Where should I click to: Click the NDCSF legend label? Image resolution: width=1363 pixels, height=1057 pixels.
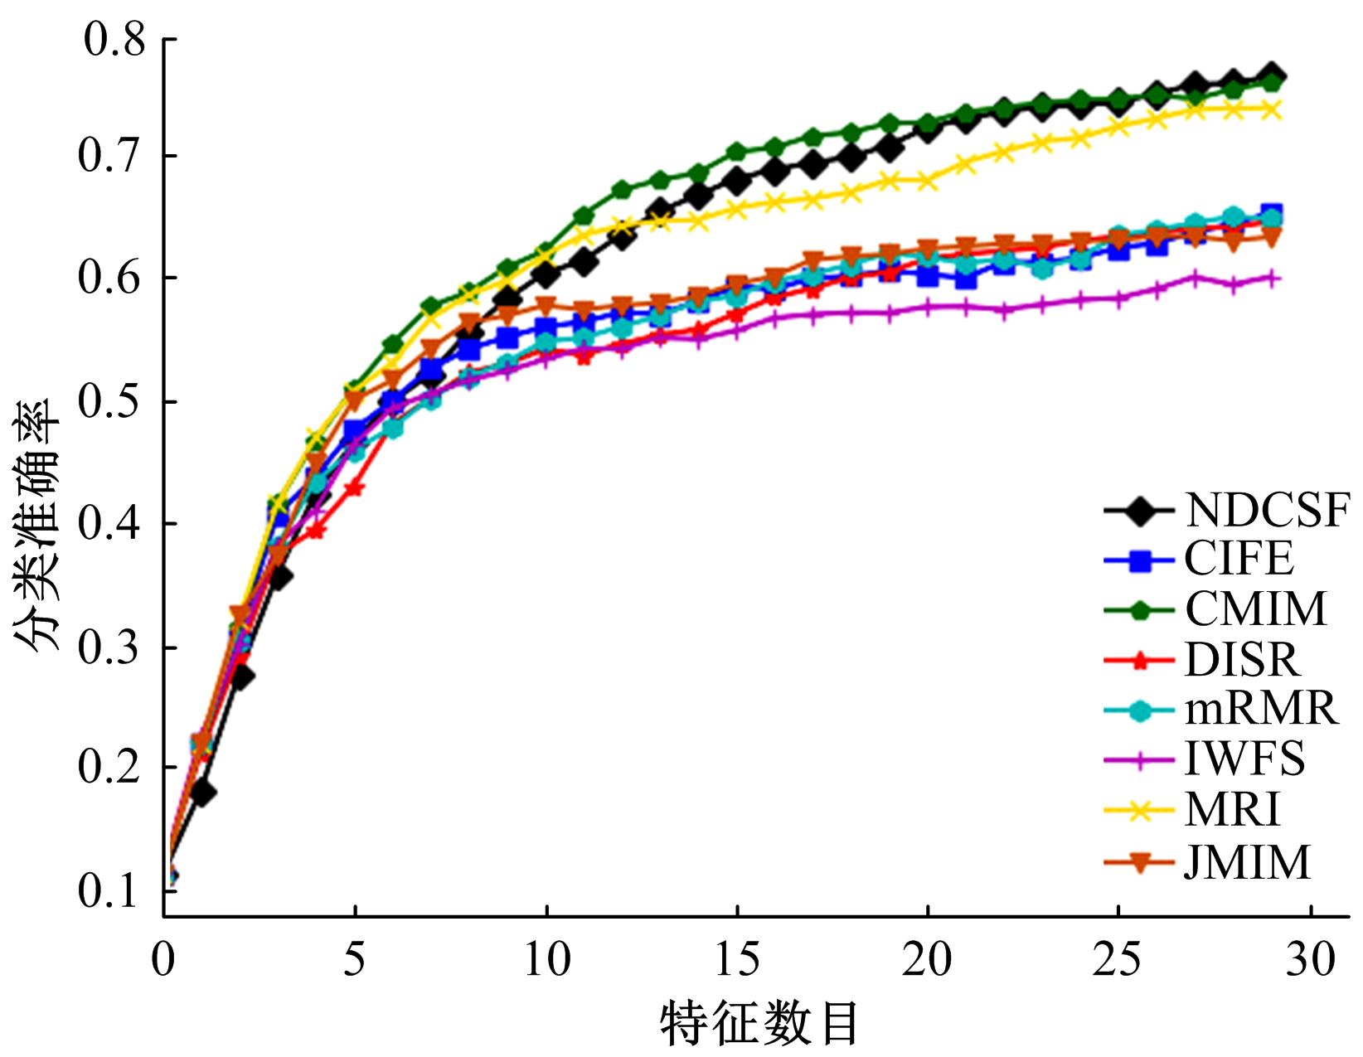[x=1267, y=509]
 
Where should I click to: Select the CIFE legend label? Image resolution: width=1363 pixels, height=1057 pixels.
[x=1239, y=559]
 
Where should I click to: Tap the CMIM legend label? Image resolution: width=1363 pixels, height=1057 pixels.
[x=1255, y=609]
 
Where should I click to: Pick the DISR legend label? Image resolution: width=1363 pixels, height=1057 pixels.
[x=1242, y=660]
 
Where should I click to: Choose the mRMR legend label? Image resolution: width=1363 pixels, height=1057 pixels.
[x=1260, y=710]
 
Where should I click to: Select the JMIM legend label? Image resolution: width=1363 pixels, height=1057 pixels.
[x=1248, y=862]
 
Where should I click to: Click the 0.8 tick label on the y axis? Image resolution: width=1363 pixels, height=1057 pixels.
[x=114, y=40]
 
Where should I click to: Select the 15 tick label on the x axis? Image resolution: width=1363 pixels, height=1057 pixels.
[x=736, y=961]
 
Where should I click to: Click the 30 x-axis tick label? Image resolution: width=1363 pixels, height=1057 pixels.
[x=1310, y=961]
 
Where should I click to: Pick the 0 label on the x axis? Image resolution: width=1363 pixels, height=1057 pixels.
[x=164, y=961]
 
